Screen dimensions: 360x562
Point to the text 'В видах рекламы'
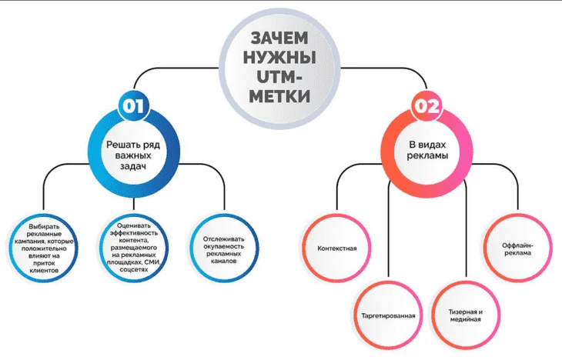(428, 148)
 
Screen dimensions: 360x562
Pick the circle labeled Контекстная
(336, 248)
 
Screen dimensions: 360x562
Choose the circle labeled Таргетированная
(389, 316)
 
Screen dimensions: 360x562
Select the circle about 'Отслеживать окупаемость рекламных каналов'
(224, 248)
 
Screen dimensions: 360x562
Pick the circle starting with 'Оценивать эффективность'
(135, 248)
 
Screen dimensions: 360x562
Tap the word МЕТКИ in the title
(282, 97)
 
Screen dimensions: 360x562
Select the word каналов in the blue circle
(224, 262)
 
